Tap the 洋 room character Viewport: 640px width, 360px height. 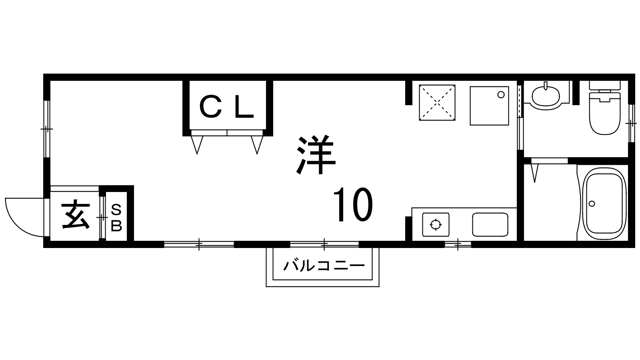tap(316, 155)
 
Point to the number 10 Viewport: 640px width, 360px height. tap(353, 204)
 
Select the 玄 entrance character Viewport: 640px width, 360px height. tap(76, 215)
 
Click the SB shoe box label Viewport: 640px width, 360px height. tap(116, 218)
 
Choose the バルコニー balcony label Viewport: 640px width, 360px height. tap(324, 266)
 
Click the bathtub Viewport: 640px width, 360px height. tap(604, 204)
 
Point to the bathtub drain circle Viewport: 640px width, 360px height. tap(592, 204)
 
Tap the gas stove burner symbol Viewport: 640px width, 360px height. tap(436, 224)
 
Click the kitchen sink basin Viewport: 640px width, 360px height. tap(490, 224)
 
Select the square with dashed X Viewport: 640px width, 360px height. tap(437, 102)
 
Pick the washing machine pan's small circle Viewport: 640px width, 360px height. tap(501, 95)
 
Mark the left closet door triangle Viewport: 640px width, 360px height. tap(197, 145)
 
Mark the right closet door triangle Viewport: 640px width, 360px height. tap(257, 145)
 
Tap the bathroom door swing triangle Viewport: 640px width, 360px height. tap(534, 173)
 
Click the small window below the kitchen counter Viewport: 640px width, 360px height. tap(458, 244)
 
